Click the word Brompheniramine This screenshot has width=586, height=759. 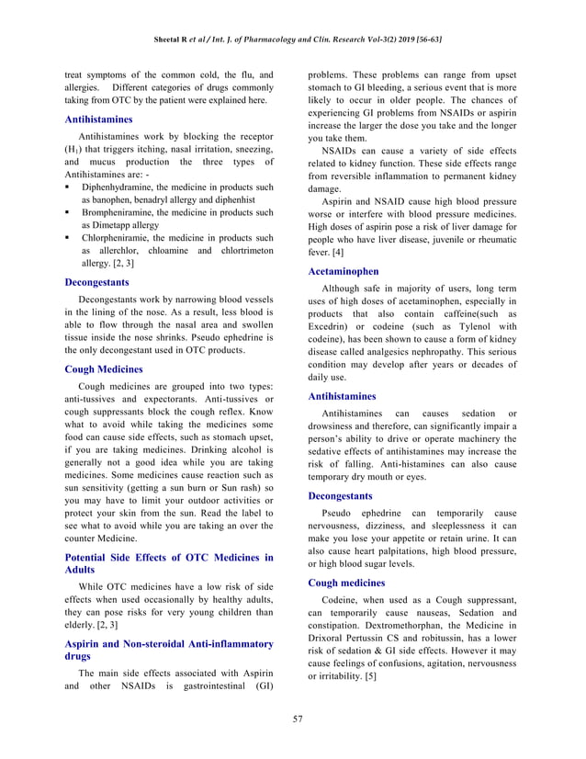coord(120,211)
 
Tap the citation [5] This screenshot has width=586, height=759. coord(369,676)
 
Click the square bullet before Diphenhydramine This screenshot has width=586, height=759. coord(69,187)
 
